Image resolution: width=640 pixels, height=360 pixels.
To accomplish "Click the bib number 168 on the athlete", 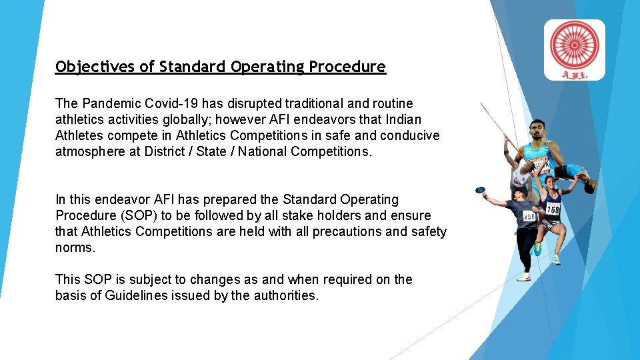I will click(x=552, y=210).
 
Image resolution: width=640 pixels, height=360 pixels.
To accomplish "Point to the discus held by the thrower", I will click(x=479, y=191).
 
